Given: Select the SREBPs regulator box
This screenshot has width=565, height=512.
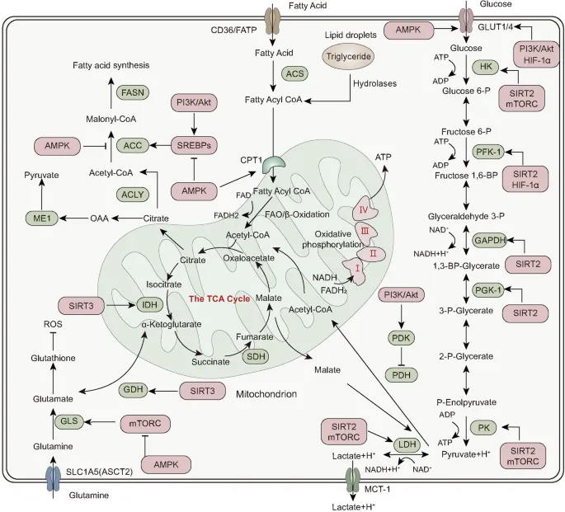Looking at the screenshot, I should [192, 145].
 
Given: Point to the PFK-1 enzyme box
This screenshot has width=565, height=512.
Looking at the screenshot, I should [488, 152].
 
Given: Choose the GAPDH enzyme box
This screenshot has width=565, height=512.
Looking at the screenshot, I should [490, 240].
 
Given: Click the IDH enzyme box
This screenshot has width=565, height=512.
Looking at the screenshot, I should [151, 304].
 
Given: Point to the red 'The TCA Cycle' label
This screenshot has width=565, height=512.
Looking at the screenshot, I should [219, 298].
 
